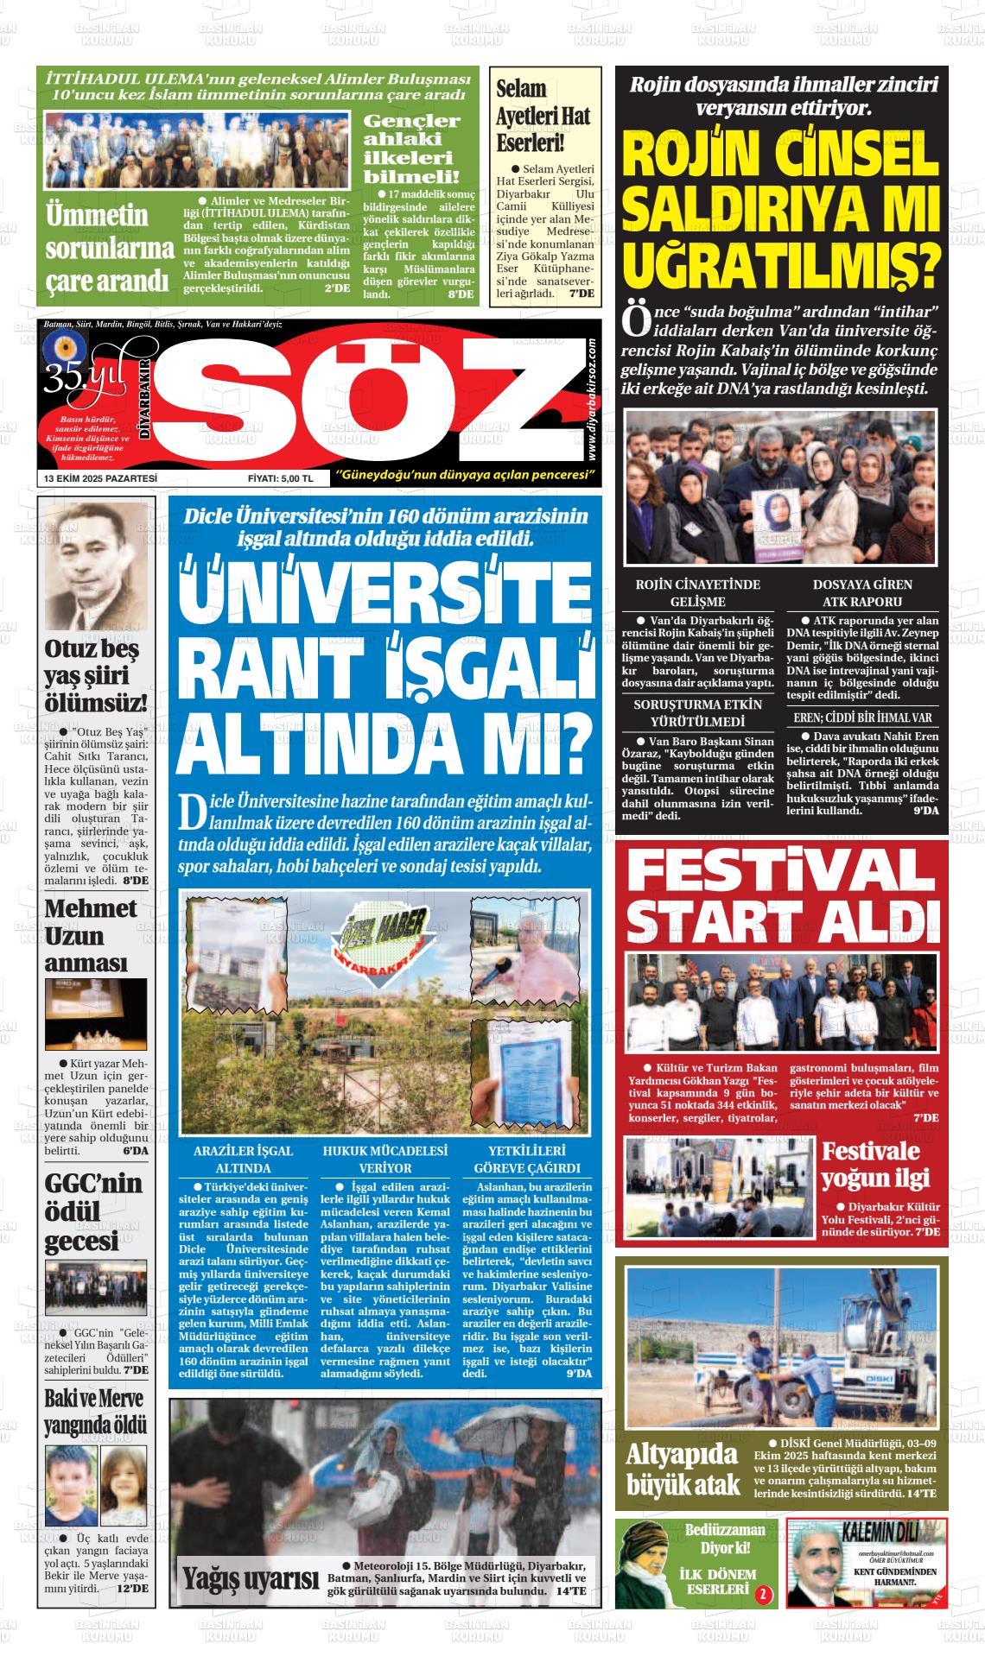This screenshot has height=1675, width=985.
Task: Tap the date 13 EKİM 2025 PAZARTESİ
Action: (x=100, y=477)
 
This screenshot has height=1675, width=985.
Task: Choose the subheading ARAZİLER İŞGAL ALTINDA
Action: (x=243, y=1160)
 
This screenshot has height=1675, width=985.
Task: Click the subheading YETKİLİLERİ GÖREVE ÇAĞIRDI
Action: (x=527, y=1160)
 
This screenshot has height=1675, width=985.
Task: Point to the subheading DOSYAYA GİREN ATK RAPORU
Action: (x=861, y=593)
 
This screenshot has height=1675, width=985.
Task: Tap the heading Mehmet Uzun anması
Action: (x=90, y=936)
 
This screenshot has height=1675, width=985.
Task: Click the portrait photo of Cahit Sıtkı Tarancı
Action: (x=96, y=567)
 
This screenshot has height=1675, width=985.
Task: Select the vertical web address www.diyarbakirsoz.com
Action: (x=590, y=398)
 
